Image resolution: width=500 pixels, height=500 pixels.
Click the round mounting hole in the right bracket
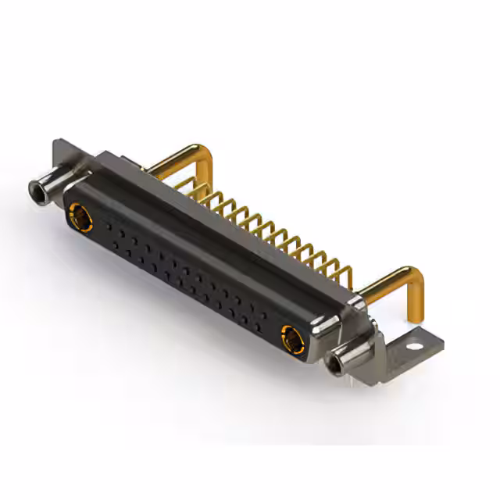(423, 341)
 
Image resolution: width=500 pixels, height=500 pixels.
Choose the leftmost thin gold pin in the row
(190, 186)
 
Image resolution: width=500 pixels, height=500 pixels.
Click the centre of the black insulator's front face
(184, 270)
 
